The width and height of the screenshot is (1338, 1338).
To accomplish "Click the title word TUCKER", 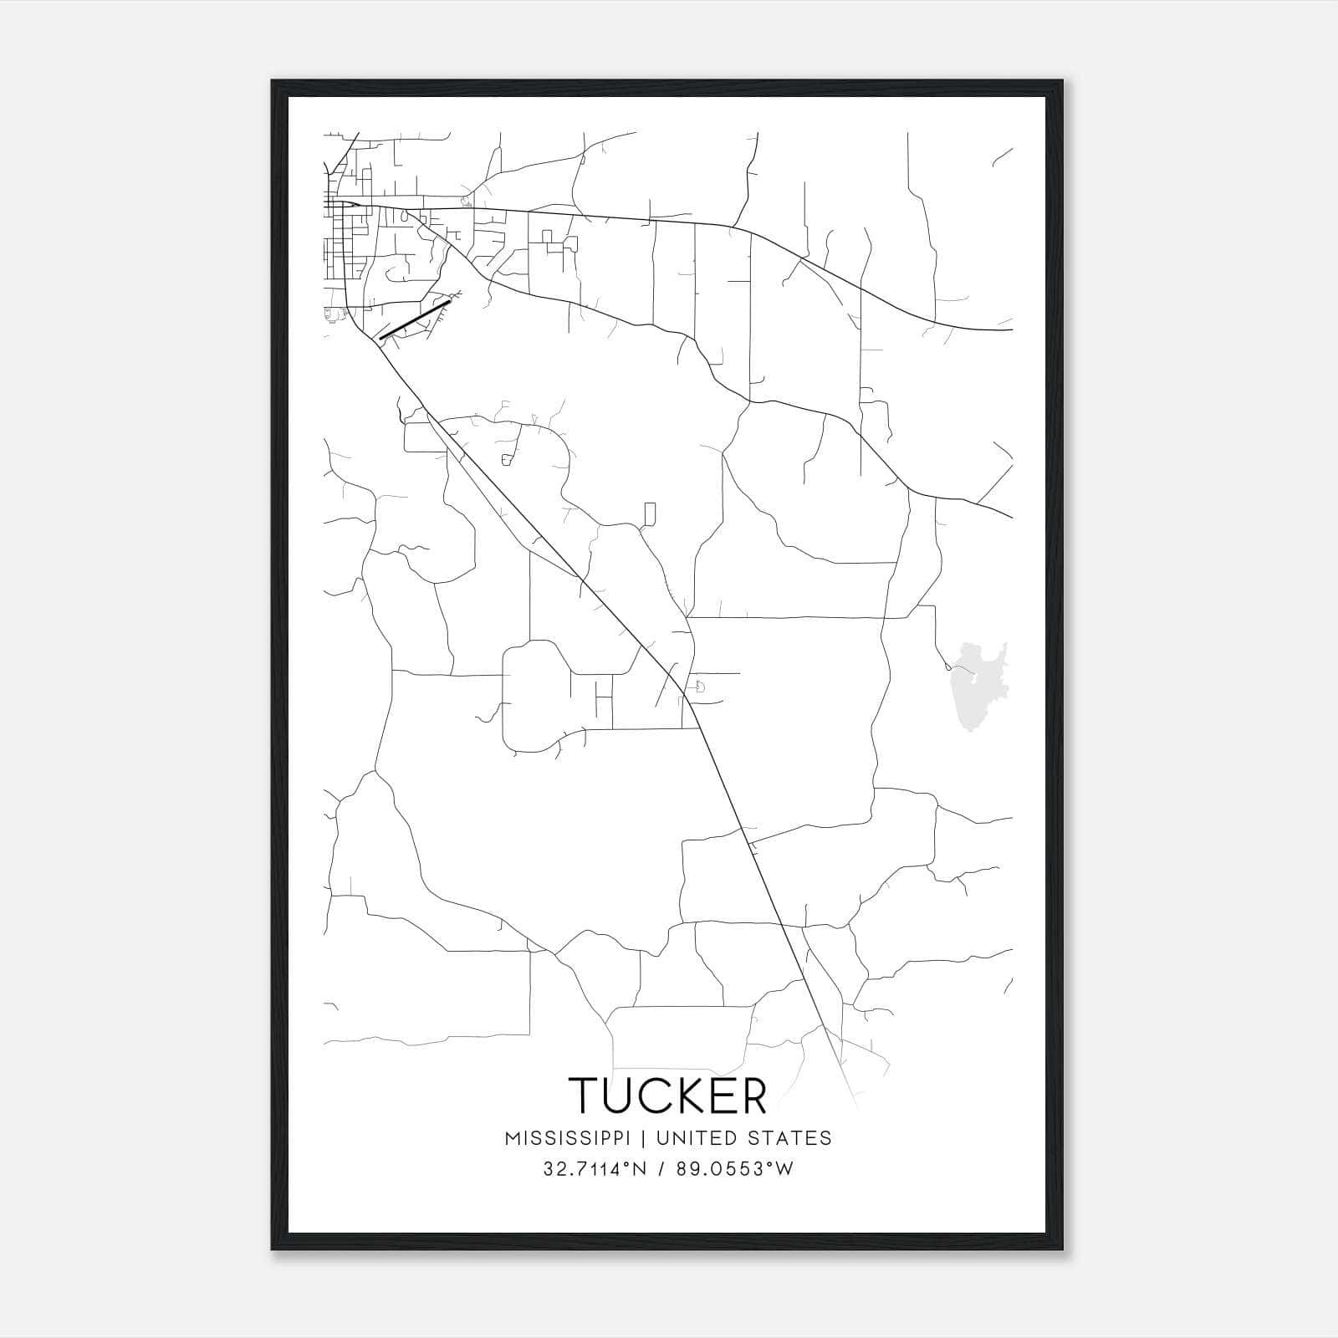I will click(x=667, y=1095).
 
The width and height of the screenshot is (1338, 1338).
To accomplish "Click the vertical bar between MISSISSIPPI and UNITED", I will click(x=647, y=1138).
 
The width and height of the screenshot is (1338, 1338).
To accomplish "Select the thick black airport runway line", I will click(x=414, y=320).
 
